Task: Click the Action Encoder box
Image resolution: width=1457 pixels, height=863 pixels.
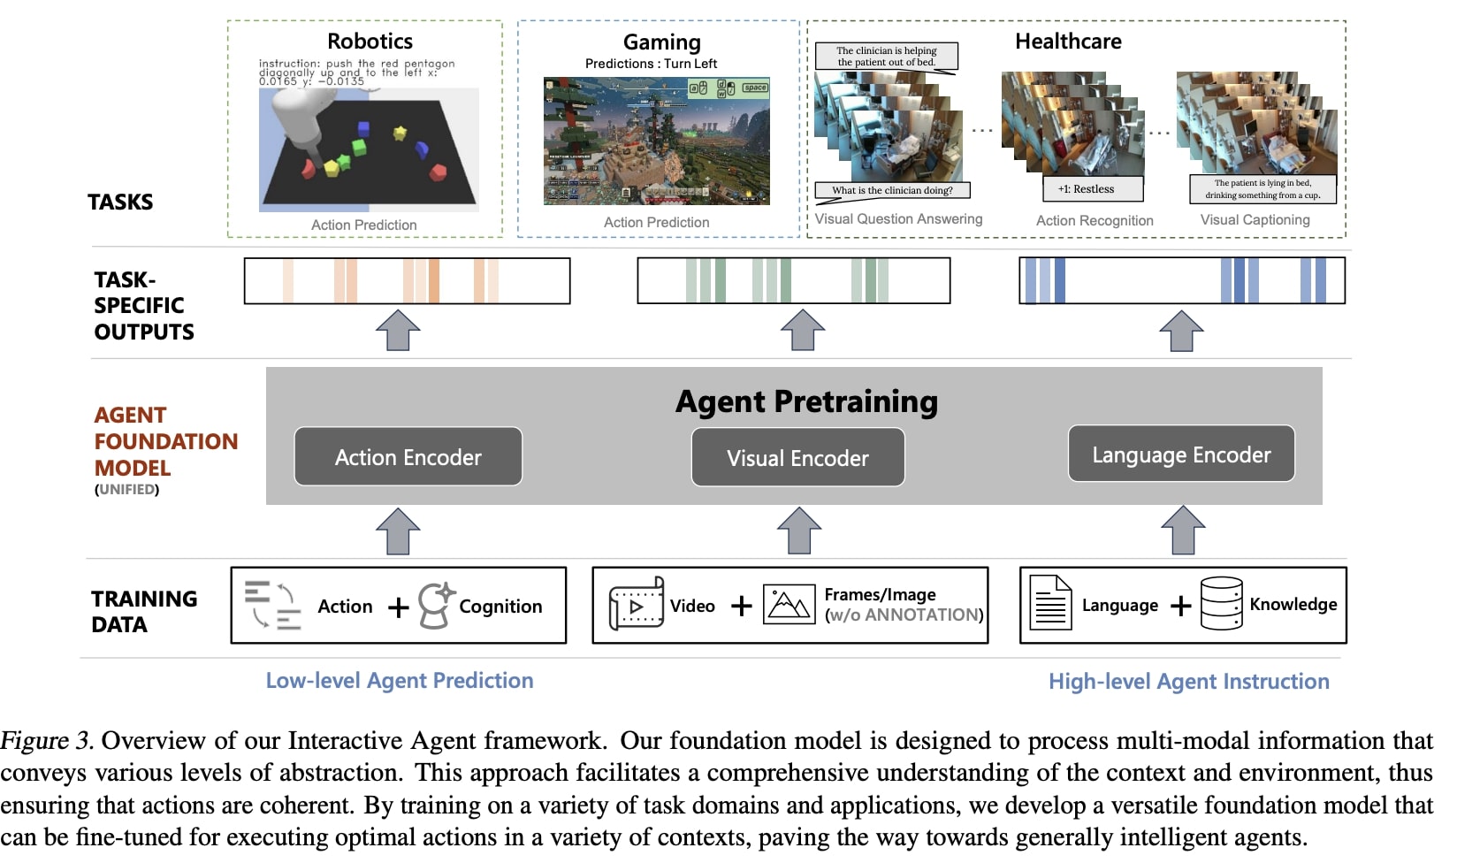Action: coord(408,457)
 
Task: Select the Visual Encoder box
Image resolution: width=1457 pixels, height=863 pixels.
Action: coord(797,458)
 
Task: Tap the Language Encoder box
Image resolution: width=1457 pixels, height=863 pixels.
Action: coord(1181,454)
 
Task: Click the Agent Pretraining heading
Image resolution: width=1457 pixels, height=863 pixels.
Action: coord(806,401)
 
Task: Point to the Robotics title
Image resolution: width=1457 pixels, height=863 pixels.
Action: coord(370,42)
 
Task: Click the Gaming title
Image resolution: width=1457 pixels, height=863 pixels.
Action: coord(661,42)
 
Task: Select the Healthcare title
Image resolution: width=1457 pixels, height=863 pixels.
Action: coord(1068,42)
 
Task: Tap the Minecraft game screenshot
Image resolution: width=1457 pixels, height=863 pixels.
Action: coord(656,141)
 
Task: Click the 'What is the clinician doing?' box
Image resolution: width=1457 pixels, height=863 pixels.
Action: coord(892,190)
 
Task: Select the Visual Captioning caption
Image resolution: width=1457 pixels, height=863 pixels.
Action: coord(1255,220)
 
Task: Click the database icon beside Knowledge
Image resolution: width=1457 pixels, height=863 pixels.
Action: coord(1221,604)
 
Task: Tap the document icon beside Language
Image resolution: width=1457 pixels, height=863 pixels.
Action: coord(1051,604)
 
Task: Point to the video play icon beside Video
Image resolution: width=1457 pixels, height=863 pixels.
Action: coord(637,606)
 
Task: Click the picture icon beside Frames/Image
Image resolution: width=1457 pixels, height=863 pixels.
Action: coord(789,605)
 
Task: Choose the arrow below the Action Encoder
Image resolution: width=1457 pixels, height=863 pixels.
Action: coord(398,531)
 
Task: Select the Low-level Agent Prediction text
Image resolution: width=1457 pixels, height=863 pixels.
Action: coord(400,681)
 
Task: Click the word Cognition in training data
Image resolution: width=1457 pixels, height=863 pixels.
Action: coord(500,607)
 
